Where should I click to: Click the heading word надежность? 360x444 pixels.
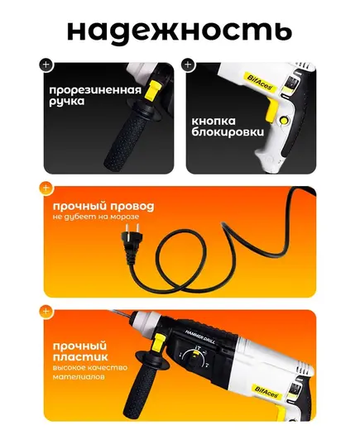(180, 31)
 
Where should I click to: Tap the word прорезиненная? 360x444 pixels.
(95, 90)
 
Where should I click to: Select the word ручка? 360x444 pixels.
(67, 102)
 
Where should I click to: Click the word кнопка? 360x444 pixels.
(214, 122)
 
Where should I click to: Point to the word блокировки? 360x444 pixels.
(228, 132)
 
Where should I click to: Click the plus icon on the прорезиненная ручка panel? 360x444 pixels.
(46, 64)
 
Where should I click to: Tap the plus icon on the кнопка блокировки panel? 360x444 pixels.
(188, 64)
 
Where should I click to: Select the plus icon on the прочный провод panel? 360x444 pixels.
(46, 189)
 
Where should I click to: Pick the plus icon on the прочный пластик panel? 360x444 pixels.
(46, 312)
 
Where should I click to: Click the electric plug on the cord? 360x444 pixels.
(131, 236)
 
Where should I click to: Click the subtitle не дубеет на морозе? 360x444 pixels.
(96, 217)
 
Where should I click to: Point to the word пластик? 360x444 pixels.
(80, 357)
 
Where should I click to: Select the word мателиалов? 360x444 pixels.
(79, 377)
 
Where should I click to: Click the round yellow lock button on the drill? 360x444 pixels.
(283, 121)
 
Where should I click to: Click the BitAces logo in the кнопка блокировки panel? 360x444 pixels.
(259, 82)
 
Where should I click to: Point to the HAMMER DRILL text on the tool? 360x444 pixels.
(200, 337)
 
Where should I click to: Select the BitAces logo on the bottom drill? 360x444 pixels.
(266, 393)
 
